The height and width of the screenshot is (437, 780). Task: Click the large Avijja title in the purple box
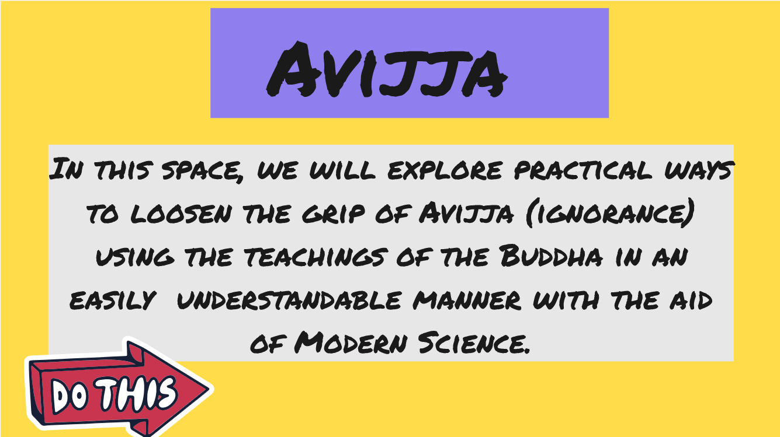coord(387,69)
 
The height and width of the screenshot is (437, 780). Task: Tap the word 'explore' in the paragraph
coord(445,170)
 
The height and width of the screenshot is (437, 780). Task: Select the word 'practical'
coord(583,170)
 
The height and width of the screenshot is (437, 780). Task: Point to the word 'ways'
coord(699,170)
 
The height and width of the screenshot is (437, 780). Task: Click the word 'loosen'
coord(181,213)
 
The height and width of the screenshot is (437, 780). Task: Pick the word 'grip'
coord(333,213)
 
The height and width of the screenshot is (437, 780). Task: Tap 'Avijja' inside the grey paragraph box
coord(466,212)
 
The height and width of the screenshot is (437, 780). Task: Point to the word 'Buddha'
coord(550,256)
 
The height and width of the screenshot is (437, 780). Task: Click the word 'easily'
coord(113,300)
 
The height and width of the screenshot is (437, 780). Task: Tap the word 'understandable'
coord(289,300)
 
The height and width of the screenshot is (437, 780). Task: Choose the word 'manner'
coord(467,300)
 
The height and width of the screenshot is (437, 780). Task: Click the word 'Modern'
coord(351,342)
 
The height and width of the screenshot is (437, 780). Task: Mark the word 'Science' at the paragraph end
coord(474,342)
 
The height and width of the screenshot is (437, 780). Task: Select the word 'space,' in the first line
coord(202,171)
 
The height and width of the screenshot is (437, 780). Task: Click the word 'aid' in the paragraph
coord(691,300)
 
